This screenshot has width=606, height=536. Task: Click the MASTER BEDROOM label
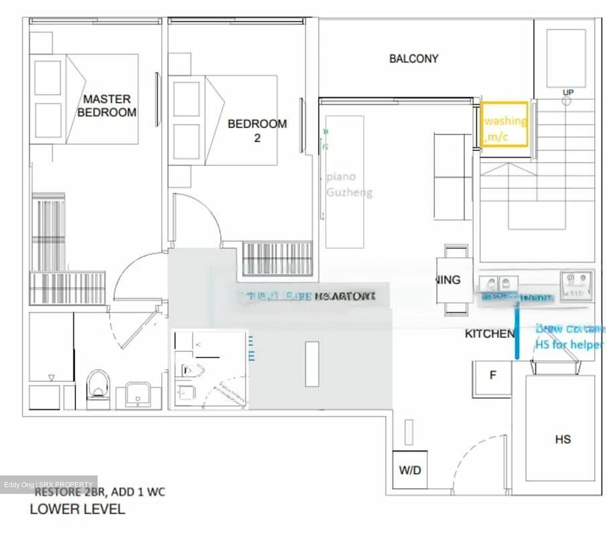click(106, 106)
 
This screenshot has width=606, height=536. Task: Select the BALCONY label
click(413, 58)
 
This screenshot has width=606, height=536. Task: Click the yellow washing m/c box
click(504, 125)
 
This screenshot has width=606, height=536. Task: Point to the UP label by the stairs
click(568, 92)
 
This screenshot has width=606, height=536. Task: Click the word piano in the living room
click(341, 177)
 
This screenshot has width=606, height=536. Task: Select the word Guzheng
click(349, 193)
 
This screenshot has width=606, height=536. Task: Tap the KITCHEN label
click(489, 334)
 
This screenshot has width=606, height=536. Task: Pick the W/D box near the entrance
click(410, 470)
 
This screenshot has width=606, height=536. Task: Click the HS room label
click(563, 439)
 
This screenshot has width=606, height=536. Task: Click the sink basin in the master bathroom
click(138, 395)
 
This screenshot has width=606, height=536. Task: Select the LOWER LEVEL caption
click(77, 509)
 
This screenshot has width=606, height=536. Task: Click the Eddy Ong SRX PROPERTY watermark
click(48, 485)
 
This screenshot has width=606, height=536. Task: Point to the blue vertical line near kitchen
click(517, 332)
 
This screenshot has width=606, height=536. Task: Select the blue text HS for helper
click(569, 345)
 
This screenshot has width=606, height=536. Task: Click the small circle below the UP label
click(566, 101)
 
